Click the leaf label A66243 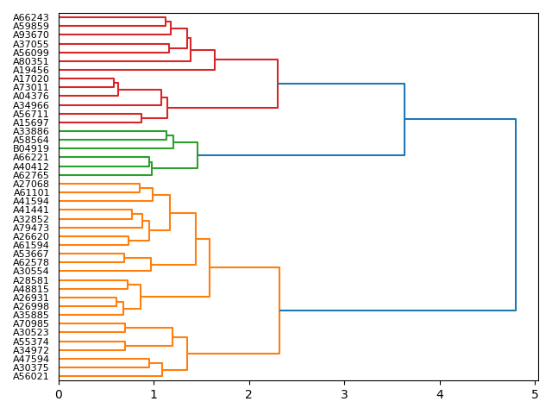click(31, 17)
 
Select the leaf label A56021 click(31, 376)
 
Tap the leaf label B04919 click(31, 148)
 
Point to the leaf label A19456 click(31, 70)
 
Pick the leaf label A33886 click(31, 131)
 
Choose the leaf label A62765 click(31, 175)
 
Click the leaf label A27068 click(31, 184)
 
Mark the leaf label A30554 click(31, 271)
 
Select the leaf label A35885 click(31, 315)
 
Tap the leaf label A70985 click(31, 323)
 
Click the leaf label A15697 click(31, 122)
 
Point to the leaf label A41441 click(31, 210)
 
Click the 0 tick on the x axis click(59, 394)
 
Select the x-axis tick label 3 click(344, 394)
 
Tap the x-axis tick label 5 click(535, 394)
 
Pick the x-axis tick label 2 click(249, 394)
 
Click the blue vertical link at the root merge click(516, 215)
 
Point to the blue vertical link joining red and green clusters click(405, 119)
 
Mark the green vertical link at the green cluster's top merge click(198, 155)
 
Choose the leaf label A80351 click(31, 61)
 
